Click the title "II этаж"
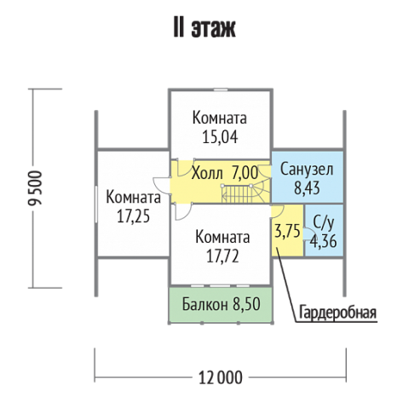pos(204,29)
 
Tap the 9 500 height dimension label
pos(36,187)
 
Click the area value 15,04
pos(220,137)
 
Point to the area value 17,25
pos(133,216)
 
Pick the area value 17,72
pos(222,256)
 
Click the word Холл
pos(207,173)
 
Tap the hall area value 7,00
pos(245,173)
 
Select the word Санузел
pos(307,170)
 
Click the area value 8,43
pos(307,188)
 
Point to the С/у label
pos(324,222)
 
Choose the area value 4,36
pos(324,241)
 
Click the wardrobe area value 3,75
pos(287,231)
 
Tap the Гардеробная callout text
pos(337,312)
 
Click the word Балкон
pos(204,304)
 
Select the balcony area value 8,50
pos(246,304)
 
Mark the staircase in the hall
pos(245,193)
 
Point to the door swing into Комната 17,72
pos(182,211)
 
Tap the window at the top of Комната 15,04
pos(221,89)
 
